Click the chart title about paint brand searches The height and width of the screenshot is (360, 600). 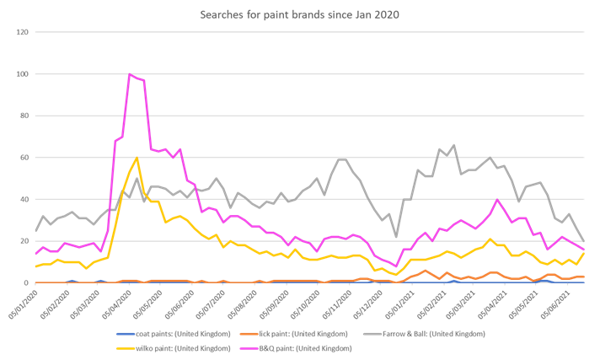300,14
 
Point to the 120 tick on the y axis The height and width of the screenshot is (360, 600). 23,32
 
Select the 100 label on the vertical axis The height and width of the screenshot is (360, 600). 23,74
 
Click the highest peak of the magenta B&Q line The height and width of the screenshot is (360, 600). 130,74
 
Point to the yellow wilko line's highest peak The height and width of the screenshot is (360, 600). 137,158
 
